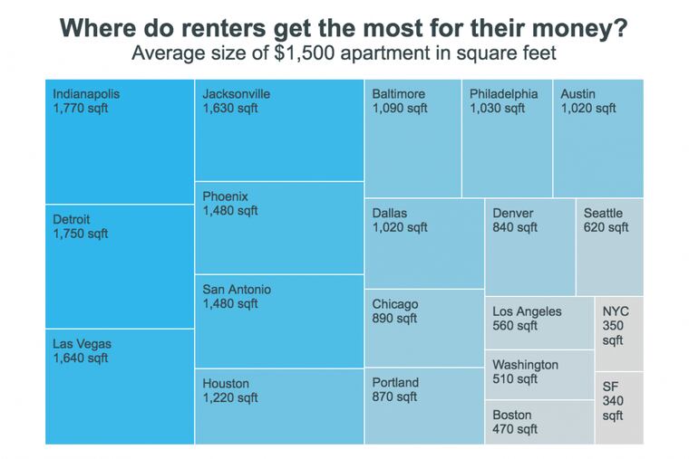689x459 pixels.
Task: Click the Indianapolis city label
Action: pos(86,94)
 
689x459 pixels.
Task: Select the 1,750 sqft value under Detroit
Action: pos(81,234)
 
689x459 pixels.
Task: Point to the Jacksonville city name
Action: pos(236,94)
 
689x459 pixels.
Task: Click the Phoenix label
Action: pos(225,196)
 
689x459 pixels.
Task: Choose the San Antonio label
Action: pos(237,290)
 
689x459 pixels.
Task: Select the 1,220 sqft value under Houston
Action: pos(230,397)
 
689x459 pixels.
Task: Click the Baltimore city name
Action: pos(398,94)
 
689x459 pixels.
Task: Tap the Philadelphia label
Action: pos(503,94)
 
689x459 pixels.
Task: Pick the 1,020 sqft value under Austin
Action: pos(587,109)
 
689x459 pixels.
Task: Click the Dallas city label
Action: pos(390,214)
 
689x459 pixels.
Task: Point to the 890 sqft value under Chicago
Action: pos(394,319)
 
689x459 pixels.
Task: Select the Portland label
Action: pos(395,383)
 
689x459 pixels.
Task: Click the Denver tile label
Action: pos(513,214)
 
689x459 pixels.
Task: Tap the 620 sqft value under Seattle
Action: pos(606,227)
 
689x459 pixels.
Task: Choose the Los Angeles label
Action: pos(527,311)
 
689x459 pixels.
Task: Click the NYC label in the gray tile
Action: pos(616,311)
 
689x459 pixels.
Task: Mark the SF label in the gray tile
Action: pos(610,387)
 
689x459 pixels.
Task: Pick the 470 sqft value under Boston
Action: pos(515,429)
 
